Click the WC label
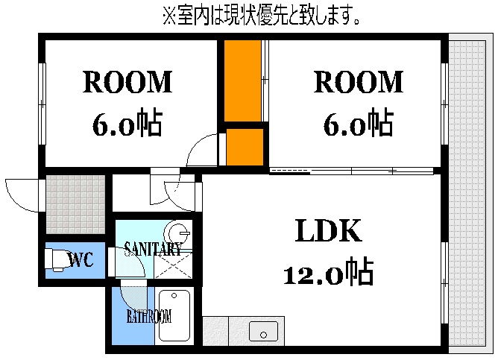(80, 260)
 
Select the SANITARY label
(152, 249)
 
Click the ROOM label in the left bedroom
(127, 82)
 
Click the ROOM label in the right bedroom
(358, 82)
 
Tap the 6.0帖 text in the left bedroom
(127, 123)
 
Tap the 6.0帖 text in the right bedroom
(358, 123)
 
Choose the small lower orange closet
(245, 147)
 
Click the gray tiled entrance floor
(75, 204)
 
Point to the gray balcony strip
(467, 194)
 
